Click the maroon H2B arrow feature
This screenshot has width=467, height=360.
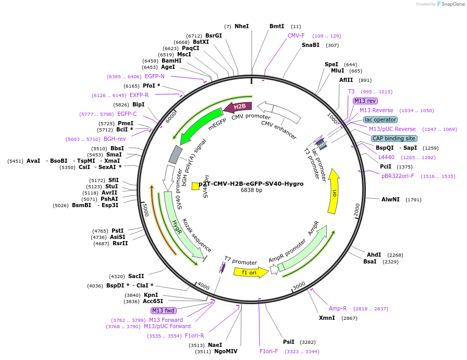coord(238,107)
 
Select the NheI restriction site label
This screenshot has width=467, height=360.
coord(241,26)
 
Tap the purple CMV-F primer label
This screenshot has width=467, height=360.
coord(296,35)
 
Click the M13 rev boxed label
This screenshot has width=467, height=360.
coord(365,101)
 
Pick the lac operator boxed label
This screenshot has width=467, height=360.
coord(380,119)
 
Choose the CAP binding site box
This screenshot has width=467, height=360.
coord(394,138)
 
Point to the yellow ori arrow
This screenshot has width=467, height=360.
coord(334,191)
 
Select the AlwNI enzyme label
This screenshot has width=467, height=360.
coord(390,199)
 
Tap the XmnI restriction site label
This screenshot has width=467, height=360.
coord(327,318)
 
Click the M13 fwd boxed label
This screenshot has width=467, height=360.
coord(164,310)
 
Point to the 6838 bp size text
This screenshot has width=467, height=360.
coord(251,190)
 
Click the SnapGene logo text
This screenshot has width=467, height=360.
coord(453,4)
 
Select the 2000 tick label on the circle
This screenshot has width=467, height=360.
coord(357,210)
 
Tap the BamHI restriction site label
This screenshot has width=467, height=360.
coord(171,61)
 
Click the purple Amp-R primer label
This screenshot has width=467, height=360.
coord(337,308)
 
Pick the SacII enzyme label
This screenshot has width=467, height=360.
coord(136,276)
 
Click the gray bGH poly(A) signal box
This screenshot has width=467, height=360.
coord(176,154)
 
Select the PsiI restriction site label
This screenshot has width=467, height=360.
coord(289,342)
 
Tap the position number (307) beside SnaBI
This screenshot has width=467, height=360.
coord(332,45)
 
